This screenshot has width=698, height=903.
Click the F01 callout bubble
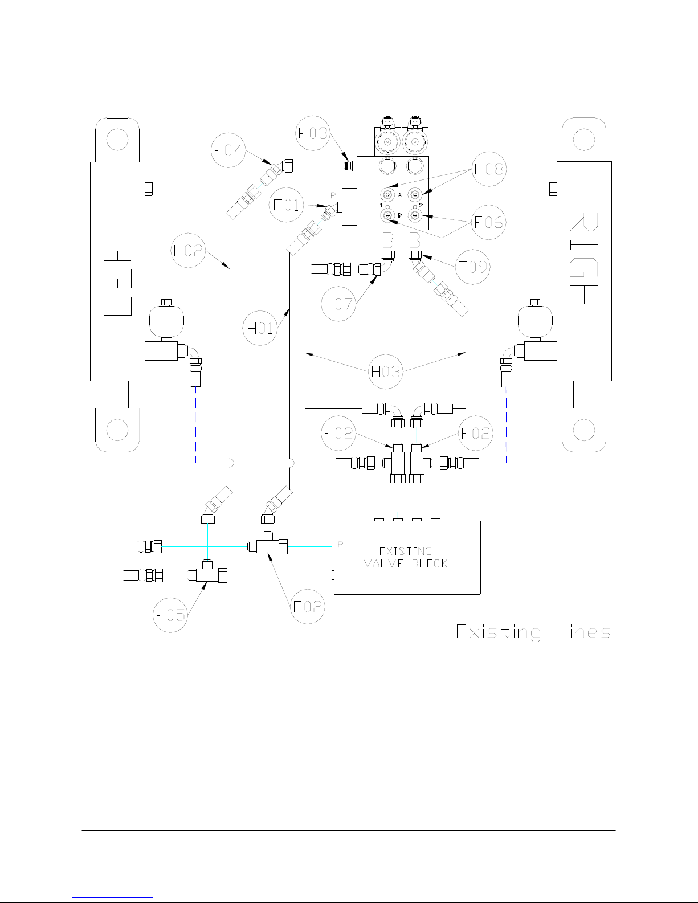(286, 205)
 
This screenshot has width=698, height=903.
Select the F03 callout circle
(312, 133)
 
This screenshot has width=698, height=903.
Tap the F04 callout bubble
(228, 150)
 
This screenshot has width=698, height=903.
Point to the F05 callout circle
(170, 615)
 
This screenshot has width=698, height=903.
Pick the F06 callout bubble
(489, 222)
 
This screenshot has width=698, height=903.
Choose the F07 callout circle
(338, 304)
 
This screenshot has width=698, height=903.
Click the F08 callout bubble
(489, 169)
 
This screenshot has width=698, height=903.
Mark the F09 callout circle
(472, 267)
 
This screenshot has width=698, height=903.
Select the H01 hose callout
(260, 328)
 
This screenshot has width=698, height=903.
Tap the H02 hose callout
(188, 250)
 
